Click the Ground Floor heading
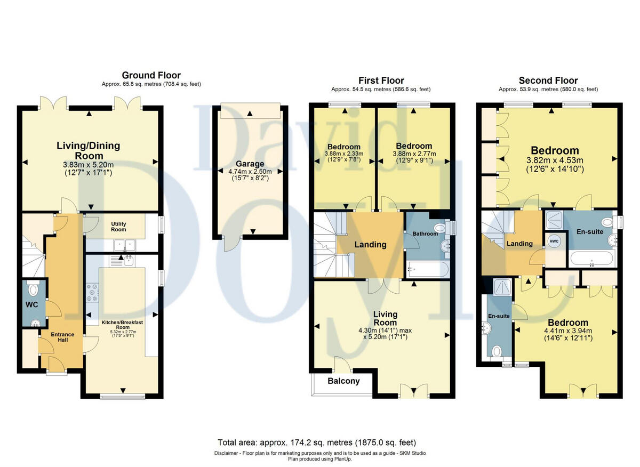coord(151,75)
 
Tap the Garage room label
coord(247,164)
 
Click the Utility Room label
coord(118,227)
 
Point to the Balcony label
coord(343,381)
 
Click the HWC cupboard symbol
coord(554,240)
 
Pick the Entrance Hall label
coord(62,337)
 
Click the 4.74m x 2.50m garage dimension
coord(247,172)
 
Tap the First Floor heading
coord(381,80)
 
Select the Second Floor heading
coord(548,80)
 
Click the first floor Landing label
coord(371,245)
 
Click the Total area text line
coord(317,442)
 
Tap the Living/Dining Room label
coord(89,150)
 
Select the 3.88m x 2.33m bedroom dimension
coord(343,154)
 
